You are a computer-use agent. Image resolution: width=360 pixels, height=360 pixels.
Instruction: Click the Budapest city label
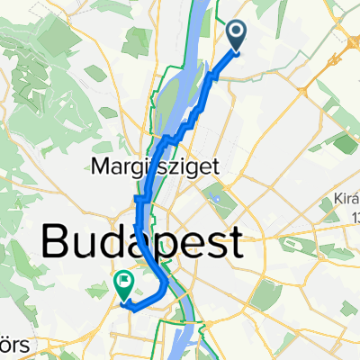coord(141,243)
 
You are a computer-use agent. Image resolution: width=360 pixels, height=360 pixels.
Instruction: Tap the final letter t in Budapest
coord(235,243)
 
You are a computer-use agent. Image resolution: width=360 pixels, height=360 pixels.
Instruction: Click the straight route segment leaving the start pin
coord(224,60)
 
